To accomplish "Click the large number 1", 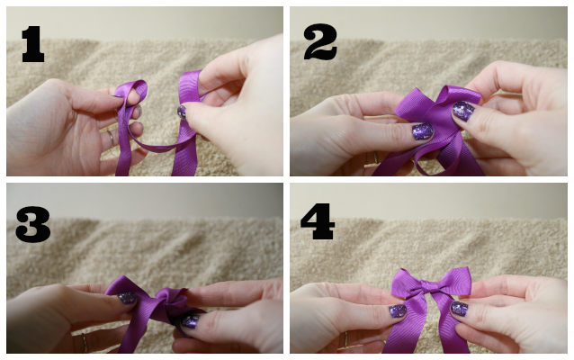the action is (33, 43).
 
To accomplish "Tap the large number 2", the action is (320, 41).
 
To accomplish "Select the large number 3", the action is (33, 224).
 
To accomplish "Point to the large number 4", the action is (318, 221).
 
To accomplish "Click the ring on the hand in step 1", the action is (110, 138).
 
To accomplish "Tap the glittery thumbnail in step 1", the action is (182, 112).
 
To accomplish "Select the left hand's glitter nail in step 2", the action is (423, 131).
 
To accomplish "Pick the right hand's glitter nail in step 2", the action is (463, 111).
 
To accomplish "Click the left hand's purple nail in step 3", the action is (127, 298).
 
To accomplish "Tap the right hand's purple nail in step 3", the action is (191, 321).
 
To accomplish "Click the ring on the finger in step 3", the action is (85, 343).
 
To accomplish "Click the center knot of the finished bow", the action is (431, 285).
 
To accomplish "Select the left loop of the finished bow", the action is (408, 282).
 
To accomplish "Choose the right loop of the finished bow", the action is (455, 281).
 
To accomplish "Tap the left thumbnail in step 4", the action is (398, 310).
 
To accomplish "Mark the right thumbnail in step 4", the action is (459, 309).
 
